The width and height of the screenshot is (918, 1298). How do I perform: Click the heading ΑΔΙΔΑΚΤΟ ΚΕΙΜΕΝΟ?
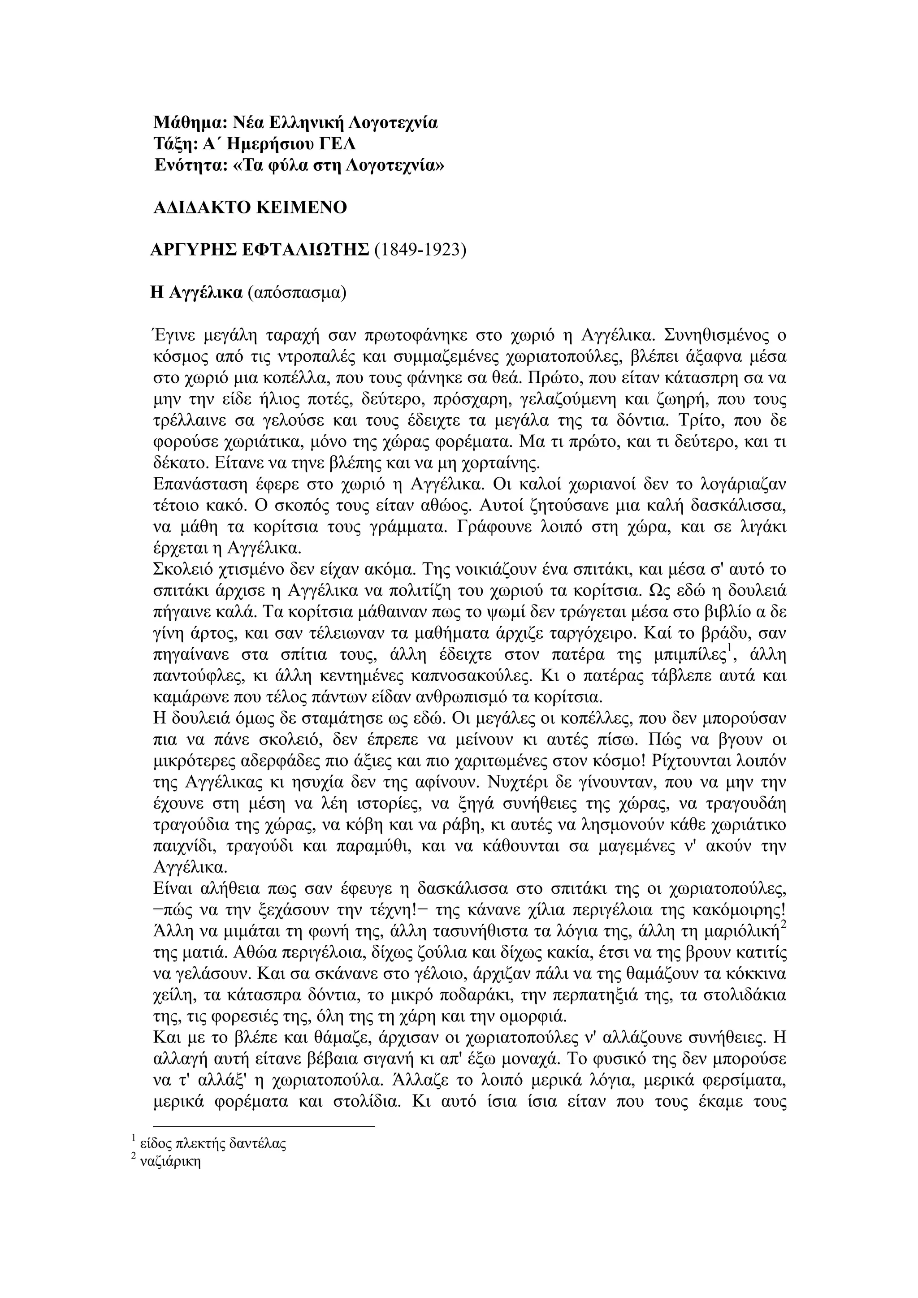tap(250, 208)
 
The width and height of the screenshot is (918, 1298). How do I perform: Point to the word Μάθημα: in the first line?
tap(190, 122)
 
